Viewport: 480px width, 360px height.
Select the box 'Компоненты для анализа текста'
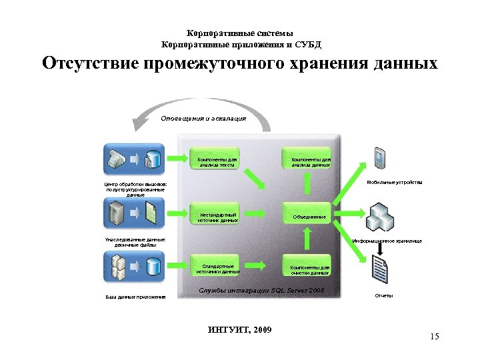click(x=216, y=161)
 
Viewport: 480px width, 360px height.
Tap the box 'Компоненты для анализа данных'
click(x=307, y=161)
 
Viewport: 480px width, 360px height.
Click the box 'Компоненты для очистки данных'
click(x=307, y=267)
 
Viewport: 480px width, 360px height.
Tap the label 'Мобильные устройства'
click(x=394, y=182)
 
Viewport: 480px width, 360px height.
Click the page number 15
click(x=435, y=337)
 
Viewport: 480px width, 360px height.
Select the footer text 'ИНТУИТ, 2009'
click(x=240, y=331)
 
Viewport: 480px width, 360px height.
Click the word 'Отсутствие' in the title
click(x=87, y=64)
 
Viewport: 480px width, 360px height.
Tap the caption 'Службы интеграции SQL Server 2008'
click(x=262, y=291)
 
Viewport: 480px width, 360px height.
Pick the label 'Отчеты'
click(x=382, y=295)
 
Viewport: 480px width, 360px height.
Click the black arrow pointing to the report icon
click(x=381, y=248)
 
